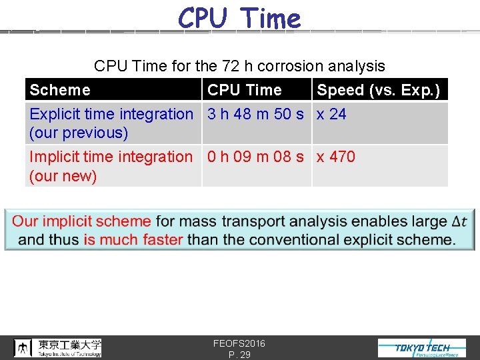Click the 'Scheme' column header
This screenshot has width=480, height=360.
tap(60, 90)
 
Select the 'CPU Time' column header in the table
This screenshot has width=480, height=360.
tap(245, 90)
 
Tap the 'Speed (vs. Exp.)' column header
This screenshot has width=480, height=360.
tap(378, 90)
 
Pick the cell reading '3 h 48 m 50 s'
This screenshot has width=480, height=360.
tap(255, 114)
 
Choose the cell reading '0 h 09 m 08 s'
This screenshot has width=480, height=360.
tap(255, 157)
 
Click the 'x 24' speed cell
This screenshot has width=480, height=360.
tap(331, 114)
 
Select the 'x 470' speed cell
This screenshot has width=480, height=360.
tap(335, 157)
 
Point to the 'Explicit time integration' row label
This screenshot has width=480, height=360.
tap(111, 114)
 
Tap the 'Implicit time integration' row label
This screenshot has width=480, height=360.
tap(111, 157)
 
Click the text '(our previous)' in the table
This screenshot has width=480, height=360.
tap(79, 133)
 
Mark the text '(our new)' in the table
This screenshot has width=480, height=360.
tap(63, 176)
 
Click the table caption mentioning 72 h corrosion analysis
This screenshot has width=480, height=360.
tap(239, 66)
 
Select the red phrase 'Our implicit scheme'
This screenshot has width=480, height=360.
tap(82, 221)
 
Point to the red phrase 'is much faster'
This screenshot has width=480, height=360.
tap(133, 239)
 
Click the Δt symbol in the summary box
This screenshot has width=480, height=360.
tap(459, 221)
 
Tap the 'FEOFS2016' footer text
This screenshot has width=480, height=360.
tap(239, 343)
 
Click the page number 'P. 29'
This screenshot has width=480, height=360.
tap(239, 355)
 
